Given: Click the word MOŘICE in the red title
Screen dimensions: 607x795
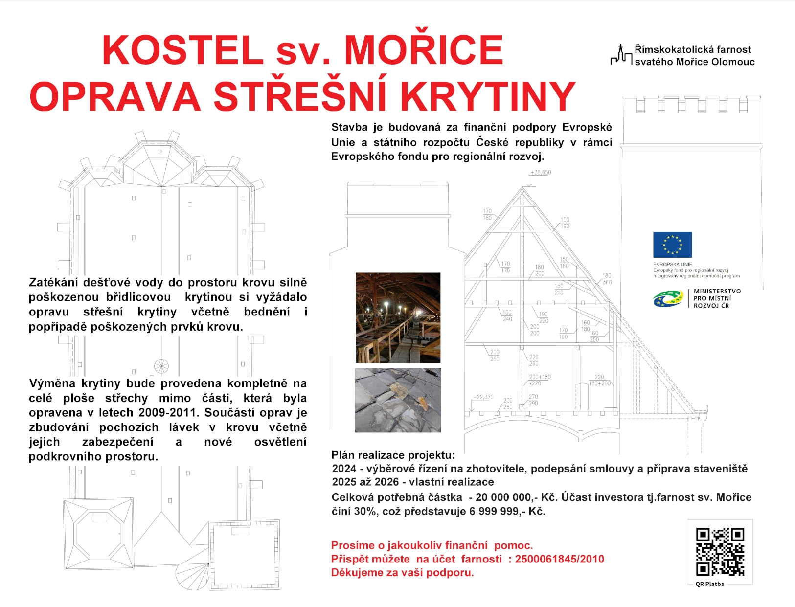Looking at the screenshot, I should [424, 50].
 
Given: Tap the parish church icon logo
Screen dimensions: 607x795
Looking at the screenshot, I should [621, 55].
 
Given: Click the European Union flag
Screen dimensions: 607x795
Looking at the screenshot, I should [672, 245].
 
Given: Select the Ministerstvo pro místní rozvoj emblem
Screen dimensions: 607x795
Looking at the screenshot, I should [668, 298].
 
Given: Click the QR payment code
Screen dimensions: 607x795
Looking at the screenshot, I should [720, 551].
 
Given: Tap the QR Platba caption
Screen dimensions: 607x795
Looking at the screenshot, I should [709, 584].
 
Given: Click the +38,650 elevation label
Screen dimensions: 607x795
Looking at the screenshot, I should [541, 172].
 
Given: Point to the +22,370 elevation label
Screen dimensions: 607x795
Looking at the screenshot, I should [483, 397].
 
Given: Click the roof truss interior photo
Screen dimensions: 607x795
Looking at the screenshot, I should [398, 317].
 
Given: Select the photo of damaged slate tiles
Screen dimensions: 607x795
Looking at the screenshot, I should [397, 400].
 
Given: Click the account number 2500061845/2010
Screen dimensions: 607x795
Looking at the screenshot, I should [559, 559].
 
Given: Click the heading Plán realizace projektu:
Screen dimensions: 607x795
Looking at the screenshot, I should [393, 455].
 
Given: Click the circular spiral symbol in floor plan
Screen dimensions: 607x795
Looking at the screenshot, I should [161, 366].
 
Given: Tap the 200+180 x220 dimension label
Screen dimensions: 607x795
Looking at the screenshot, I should [540, 380].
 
